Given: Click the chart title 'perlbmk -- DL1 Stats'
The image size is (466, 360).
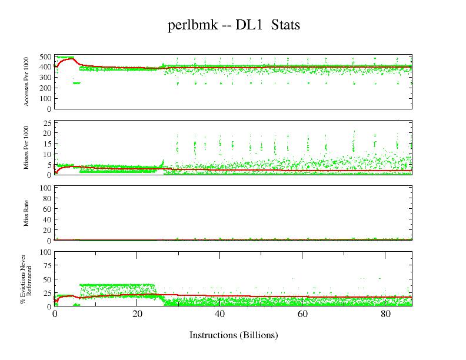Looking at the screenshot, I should pos(234,25).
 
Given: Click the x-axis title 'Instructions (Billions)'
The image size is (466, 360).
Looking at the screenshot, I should pos(234,335).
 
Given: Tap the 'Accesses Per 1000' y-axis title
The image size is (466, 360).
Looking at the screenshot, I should pos(27,82).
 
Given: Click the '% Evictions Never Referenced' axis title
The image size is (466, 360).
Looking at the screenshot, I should pos(26,279).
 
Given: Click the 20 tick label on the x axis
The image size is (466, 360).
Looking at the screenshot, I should pos(137,314).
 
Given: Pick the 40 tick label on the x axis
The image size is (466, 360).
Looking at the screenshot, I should pos(219,314).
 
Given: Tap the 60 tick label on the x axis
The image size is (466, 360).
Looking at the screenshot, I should pos(302,314).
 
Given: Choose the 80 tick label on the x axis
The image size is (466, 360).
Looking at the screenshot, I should pos(384,314).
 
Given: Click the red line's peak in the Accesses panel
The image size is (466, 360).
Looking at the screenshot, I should pos(71,59).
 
